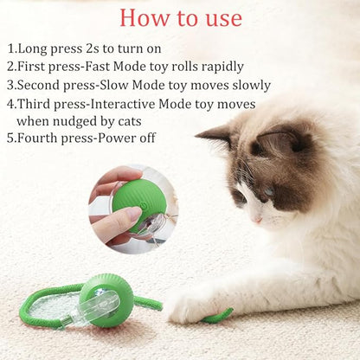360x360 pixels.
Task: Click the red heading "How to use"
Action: tap(181, 17)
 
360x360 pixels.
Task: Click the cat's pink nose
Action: tap(256, 218)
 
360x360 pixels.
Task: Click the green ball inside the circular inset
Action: tap(138, 196)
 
